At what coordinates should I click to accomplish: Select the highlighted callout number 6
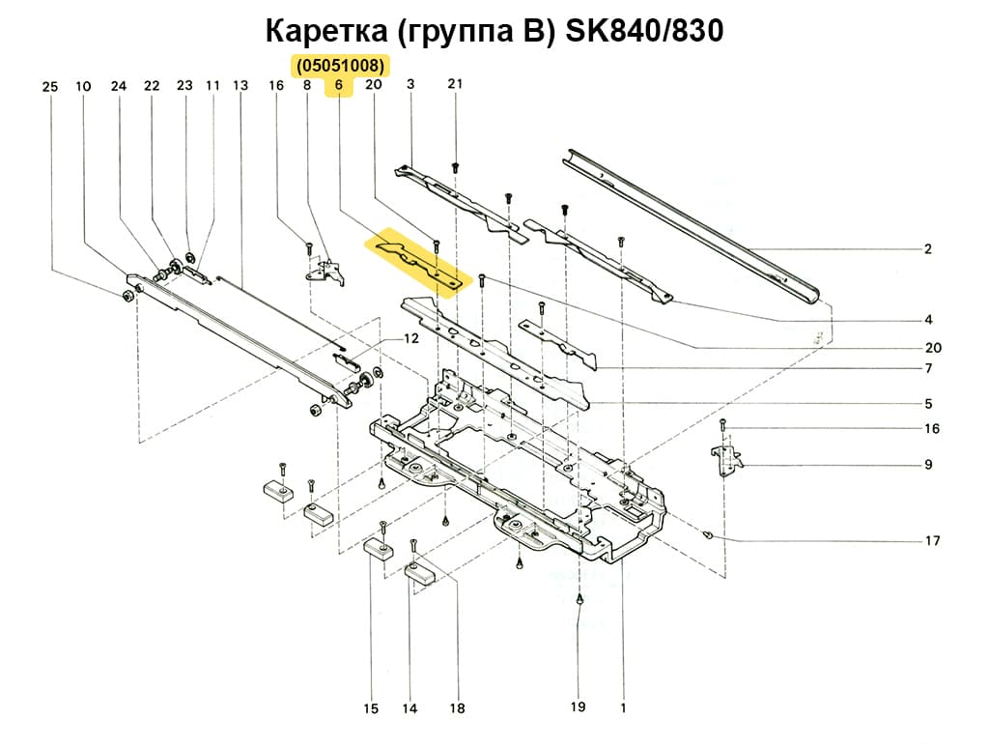pos(339,86)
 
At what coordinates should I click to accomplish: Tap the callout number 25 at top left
pos(50,87)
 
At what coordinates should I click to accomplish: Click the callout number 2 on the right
pos(927,249)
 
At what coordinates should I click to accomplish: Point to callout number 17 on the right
pos(933,541)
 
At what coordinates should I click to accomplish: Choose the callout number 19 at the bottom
pos(578,707)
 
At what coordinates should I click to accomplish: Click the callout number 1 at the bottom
pos(623,707)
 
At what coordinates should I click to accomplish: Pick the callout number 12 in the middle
pos(411,338)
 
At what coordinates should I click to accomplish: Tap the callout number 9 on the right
pos(928,465)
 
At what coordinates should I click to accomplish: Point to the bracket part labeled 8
pos(326,272)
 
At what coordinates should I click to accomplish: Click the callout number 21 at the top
pos(456,84)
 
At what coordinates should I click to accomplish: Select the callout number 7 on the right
pos(927,368)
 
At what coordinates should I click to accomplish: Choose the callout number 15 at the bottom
pos(371,709)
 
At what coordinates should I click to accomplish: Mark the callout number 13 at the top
pos(240,86)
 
